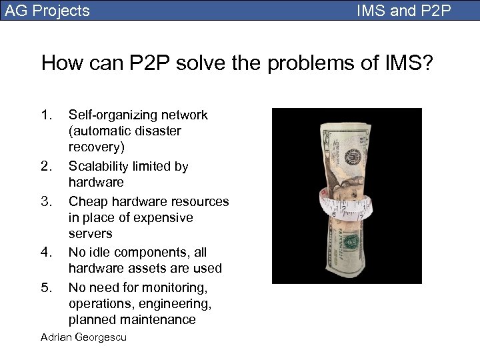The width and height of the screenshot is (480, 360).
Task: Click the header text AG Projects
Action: point(47,11)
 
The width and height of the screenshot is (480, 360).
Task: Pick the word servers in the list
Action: point(91,234)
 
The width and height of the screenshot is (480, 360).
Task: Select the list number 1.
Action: point(46,115)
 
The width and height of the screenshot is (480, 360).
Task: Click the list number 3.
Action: point(46,201)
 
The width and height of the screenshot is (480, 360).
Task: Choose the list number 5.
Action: point(46,287)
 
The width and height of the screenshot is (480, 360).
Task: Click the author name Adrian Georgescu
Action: point(83,337)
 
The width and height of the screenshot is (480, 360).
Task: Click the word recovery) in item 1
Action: point(96,147)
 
